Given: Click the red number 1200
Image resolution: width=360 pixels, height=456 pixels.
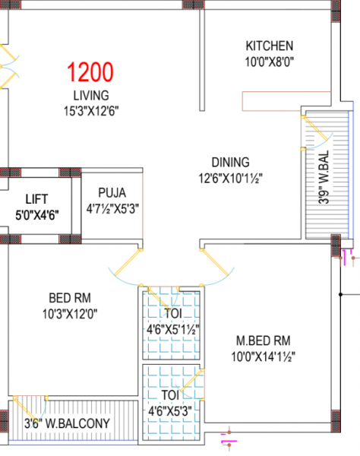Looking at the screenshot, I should [90, 73].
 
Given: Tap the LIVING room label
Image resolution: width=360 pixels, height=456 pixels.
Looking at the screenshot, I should [91, 96].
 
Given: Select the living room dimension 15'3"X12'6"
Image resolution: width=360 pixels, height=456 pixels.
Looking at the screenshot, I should [91, 110].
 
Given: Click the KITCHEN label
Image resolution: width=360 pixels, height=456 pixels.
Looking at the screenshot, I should [269, 46].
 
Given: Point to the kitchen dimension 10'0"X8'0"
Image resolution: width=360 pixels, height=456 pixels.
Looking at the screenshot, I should [269, 60].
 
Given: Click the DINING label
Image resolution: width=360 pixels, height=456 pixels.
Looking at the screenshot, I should [230, 162].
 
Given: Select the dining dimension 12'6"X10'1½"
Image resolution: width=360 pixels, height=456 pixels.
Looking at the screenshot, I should [230, 179].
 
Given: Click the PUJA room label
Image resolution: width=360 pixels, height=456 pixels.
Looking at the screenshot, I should [111, 192].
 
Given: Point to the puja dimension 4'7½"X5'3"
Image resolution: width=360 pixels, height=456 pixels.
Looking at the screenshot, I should [113, 207].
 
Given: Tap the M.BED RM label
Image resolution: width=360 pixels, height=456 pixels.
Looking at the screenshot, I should [261, 340].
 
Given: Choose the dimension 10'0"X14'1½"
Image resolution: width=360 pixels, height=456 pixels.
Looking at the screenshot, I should [263, 356].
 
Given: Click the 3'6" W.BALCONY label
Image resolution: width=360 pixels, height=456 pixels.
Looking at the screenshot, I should [67, 423].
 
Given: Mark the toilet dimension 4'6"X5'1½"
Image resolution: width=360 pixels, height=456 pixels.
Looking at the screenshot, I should [173, 330].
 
